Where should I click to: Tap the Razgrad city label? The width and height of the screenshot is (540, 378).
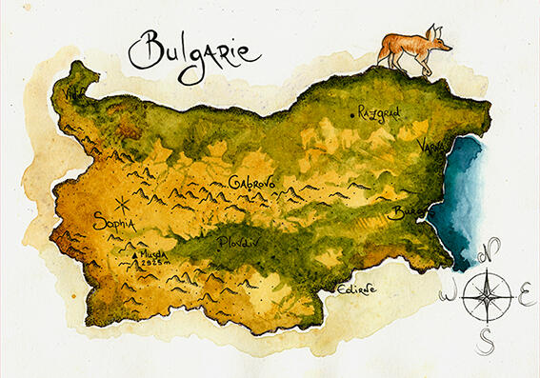point(379,112)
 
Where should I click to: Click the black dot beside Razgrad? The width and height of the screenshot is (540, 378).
point(352,114)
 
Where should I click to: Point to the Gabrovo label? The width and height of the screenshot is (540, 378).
point(253,182)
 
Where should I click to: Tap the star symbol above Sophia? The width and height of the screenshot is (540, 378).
point(121,203)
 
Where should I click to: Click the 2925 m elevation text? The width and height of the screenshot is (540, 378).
point(153,267)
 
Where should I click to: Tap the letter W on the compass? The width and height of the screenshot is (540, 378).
point(448,296)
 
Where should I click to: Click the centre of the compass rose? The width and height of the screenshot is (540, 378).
point(487,296)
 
